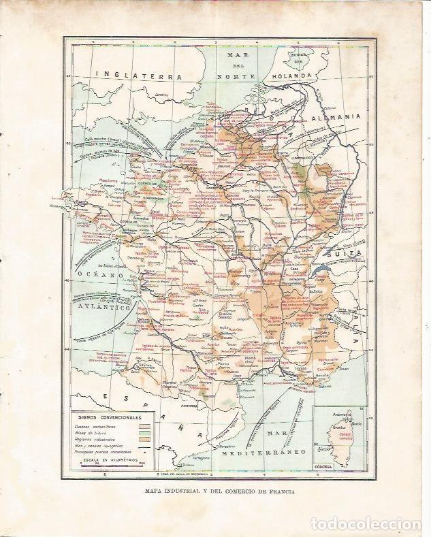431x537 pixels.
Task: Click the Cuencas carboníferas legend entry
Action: click(x=95, y=426)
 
